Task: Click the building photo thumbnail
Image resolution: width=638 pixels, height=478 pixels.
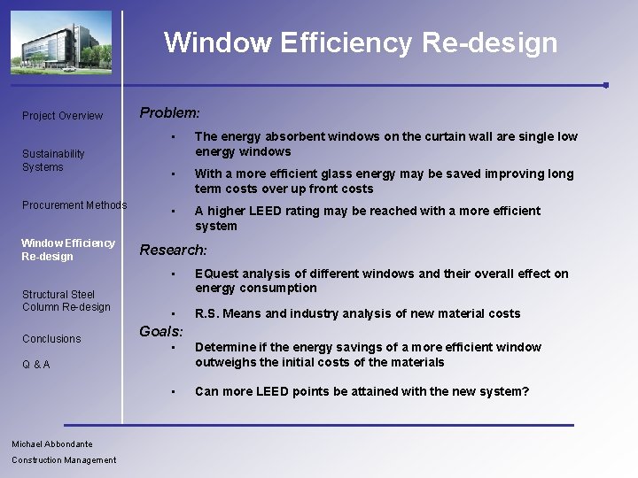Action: [x=61, y=42]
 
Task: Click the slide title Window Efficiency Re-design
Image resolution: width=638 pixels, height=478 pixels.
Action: [x=361, y=42]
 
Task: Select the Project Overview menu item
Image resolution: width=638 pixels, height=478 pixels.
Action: [x=62, y=116]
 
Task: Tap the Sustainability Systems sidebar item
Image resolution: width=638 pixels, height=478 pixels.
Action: [x=53, y=160]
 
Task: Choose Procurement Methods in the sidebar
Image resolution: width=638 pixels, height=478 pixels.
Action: [x=74, y=205]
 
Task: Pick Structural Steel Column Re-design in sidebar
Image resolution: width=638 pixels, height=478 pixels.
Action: [x=66, y=300]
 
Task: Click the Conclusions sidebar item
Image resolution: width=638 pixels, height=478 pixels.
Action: [x=51, y=339]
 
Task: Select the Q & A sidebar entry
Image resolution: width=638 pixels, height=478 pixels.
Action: [x=36, y=365]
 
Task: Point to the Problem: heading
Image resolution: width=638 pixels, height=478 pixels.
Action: [x=169, y=113]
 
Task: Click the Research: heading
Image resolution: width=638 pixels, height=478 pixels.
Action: [x=174, y=251]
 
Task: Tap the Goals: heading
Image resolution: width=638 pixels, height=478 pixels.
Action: [x=161, y=332]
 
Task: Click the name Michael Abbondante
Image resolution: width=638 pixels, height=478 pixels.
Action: [x=52, y=444]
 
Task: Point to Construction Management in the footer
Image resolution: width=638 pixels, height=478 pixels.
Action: [x=64, y=460]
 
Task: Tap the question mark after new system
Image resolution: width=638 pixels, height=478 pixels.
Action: [x=525, y=391]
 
